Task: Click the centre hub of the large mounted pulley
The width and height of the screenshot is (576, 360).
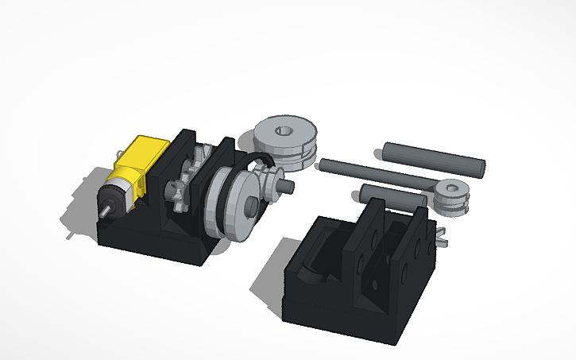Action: (x=249, y=206)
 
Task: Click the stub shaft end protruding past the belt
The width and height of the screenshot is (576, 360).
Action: (x=288, y=187)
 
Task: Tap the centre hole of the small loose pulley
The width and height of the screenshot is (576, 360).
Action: (x=451, y=189)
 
